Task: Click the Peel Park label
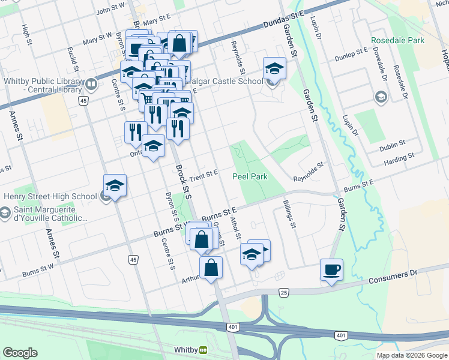[x=250, y=176]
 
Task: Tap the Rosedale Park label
[x=397, y=41]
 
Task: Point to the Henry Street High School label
[x=50, y=196]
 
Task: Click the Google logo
[x=20, y=353]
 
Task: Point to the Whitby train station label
[x=185, y=350]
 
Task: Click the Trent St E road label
[x=203, y=173]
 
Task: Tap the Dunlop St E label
[x=351, y=52]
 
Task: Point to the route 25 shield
[x=283, y=292]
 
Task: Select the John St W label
[x=110, y=8]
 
